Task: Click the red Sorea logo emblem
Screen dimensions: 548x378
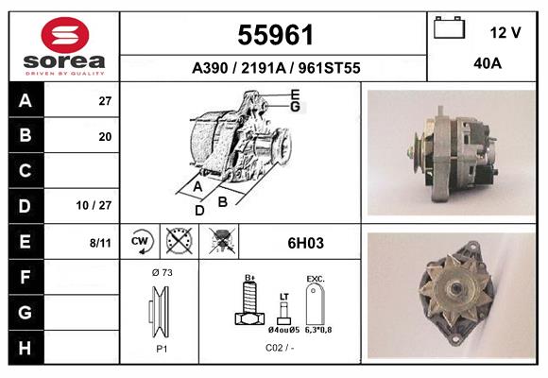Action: pyautogui.click(x=65, y=35)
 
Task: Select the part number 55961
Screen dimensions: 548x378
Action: pyautogui.click(x=275, y=35)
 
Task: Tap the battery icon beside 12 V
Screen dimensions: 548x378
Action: pyautogui.click(x=449, y=27)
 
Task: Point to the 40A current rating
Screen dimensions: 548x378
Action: pyautogui.click(x=488, y=63)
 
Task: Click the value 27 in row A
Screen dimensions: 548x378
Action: pyautogui.click(x=105, y=101)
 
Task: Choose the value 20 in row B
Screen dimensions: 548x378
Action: pyautogui.click(x=105, y=137)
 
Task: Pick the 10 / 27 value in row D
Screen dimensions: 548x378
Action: pyautogui.click(x=94, y=205)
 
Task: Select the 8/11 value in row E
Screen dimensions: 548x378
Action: pyautogui.click(x=100, y=243)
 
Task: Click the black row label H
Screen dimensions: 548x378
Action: pyautogui.click(x=26, y=348)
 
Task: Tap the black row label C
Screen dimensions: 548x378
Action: pyautogui.click(x=26, y=171)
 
